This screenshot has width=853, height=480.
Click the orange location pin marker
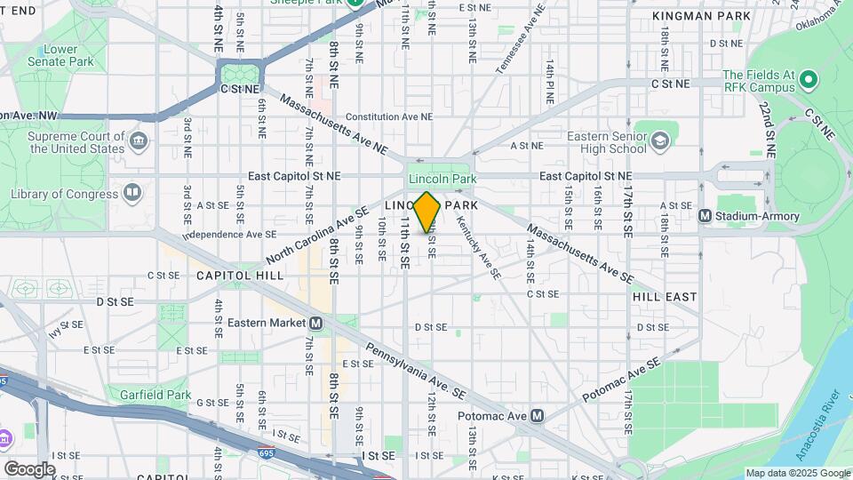click(x=426, y=211)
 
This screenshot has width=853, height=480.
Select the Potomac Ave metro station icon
click(x=537, y=415)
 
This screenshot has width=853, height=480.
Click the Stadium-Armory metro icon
click(x=705, y=215)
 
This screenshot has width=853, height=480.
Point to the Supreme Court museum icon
click(x=138, y=140)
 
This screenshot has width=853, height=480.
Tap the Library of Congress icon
click(x=132, y=192)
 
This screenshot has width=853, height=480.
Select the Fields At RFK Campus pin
click(x=808, y=81)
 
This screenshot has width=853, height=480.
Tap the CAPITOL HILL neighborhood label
click(x=240, y=276)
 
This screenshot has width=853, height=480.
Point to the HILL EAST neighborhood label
click(x=665, y=296)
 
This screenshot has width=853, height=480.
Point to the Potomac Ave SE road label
click(x=622, y=380)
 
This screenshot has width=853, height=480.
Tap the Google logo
click(x=29, y=468)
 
